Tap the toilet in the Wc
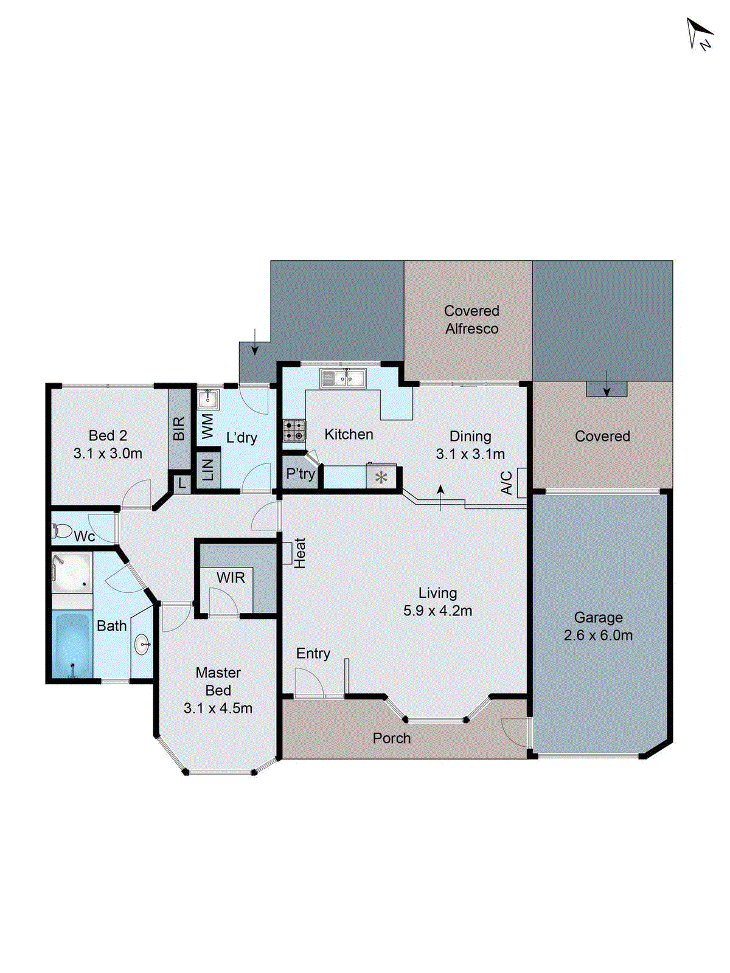click(x=61, y=531)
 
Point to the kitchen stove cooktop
click(x=294, y=431)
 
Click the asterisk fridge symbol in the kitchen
click(x=381, y=477)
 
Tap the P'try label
click(x=301, y=474)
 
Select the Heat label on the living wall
click(x=300, y=553)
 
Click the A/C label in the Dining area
click(x=506, y=482)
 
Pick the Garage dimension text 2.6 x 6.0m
click(x=598, y=635)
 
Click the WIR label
click(x=231, y=578)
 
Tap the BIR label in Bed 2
click(x=179, y=429)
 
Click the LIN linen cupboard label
click(x=207, y=469)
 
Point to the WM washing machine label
click(x=207, y=426)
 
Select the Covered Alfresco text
click(x=471, y=320)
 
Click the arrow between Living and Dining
click(x=441, y=497)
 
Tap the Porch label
click(x=391, y=738)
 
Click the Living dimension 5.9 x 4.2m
click(x=437, y=611)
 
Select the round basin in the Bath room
click(x=142, y=645)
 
